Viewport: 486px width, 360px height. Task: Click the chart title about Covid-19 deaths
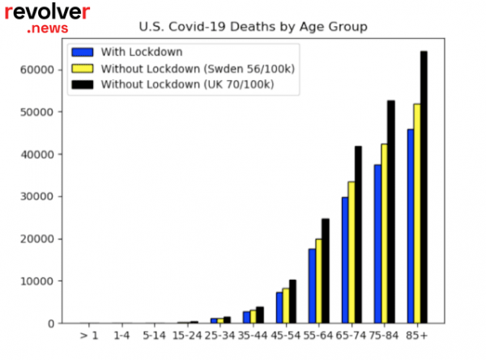[254, 27]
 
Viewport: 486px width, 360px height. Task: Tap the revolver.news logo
[47, 18]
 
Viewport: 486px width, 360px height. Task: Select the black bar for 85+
[424, 187]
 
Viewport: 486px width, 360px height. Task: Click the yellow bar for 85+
[416, 213]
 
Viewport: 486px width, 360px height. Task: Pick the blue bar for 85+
[410, 226]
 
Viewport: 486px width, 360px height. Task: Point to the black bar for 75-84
[390, 212]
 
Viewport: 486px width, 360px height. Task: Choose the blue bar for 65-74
[344, 260]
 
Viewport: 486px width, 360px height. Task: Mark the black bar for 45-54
[292, 302]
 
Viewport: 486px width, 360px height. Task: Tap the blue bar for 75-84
[377, 244]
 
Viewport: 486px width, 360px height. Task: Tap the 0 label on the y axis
[51, 324]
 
